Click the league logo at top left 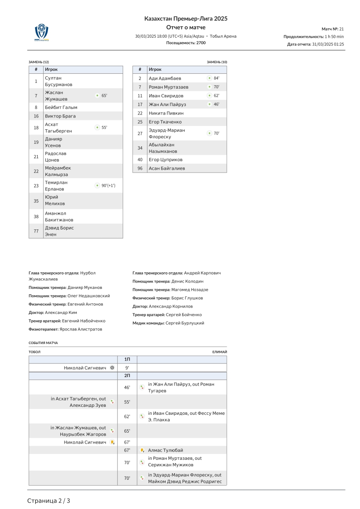pyautogui.click(x=41, y=32)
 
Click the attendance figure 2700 pyautogui.click(x=201, y=43)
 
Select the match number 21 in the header pyautogui.click(x=341, y=29)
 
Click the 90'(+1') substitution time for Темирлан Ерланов pyautogui.click(x=108, y=185)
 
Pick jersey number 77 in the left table pyautogui.click(x=36, y=231)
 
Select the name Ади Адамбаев pyautogui.click(x=165, y=78)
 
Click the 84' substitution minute pyautogui.click(x=217, y=78)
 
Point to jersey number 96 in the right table pyautogui.click(x=140, y=168)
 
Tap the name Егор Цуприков pyautogui.click(x=166, y=159)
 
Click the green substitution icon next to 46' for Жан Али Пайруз pyautogui.click(x=209, y=104)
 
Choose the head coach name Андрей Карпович pyautogui.click(x=202, y=273)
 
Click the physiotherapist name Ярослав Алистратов pyautogui.click(x=81, y=329)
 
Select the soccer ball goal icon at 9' pyautogui.click(x=112, y=368)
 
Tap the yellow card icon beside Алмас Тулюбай pyautogui.click(x=142, y=450)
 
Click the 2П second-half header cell pyautogui.click(x=127, y=376)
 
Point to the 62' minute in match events pyautogui.click(x=127, y=417)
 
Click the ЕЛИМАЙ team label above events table pyautogui.click(x=219, y=352)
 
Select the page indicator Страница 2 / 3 pyautogui.click(x=49, y=501)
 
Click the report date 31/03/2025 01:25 pyautogui.click(x=328, y=44)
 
